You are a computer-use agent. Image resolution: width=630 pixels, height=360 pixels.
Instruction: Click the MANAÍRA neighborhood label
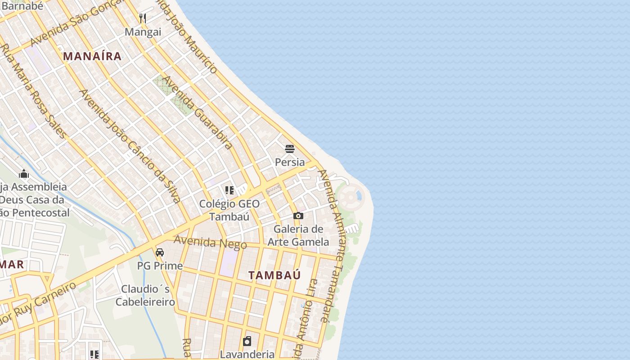pyautogui.click(x=92, y=56)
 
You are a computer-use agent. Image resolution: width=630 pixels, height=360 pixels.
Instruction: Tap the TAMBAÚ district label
pyautogui.click(x=274, y=275)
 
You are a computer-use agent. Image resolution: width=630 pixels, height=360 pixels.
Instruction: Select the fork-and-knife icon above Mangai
pyautogui.click(x=143, y=18)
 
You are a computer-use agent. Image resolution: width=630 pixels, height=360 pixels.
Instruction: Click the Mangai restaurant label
pyautogui.click(x=143, y=32)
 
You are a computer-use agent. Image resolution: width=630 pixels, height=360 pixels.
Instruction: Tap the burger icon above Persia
pyautogui.click(x=290, y=148)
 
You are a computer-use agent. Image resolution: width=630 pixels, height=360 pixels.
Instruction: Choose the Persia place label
pyautogui.click(x=290, y=162)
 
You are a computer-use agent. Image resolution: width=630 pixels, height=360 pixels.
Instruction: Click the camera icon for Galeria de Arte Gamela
pyautogui.click(x=298, y=216)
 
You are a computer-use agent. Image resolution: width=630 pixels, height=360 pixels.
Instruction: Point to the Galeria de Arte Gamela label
pyautogui.click(x=298, y=235)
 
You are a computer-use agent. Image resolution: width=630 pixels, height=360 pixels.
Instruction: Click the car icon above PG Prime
pyautogui.click(x=160, y=252)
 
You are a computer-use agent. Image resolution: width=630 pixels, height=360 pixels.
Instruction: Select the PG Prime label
pyautogui.click(x=160, y=265)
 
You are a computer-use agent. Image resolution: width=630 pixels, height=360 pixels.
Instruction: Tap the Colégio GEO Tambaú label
pyautogui.click(x=229, y=210)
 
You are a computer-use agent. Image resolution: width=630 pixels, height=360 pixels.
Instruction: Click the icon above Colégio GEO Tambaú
pyautogui.click(x=229, y=190)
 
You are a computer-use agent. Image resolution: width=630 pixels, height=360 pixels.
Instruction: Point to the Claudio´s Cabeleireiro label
pyautogui.click(x=145, y=295)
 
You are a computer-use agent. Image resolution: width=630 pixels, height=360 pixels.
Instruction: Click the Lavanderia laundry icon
pyautogui.click(x=247, y=341)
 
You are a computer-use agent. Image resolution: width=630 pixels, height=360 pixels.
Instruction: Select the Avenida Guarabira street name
pyautogui.click(x=198, y=112)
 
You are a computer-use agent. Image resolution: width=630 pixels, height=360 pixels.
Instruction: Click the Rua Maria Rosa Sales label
pyautogui.click(x=34, y=90)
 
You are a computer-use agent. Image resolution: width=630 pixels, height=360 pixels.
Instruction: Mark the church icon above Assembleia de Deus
pyautogui.click(x=24, y=174)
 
